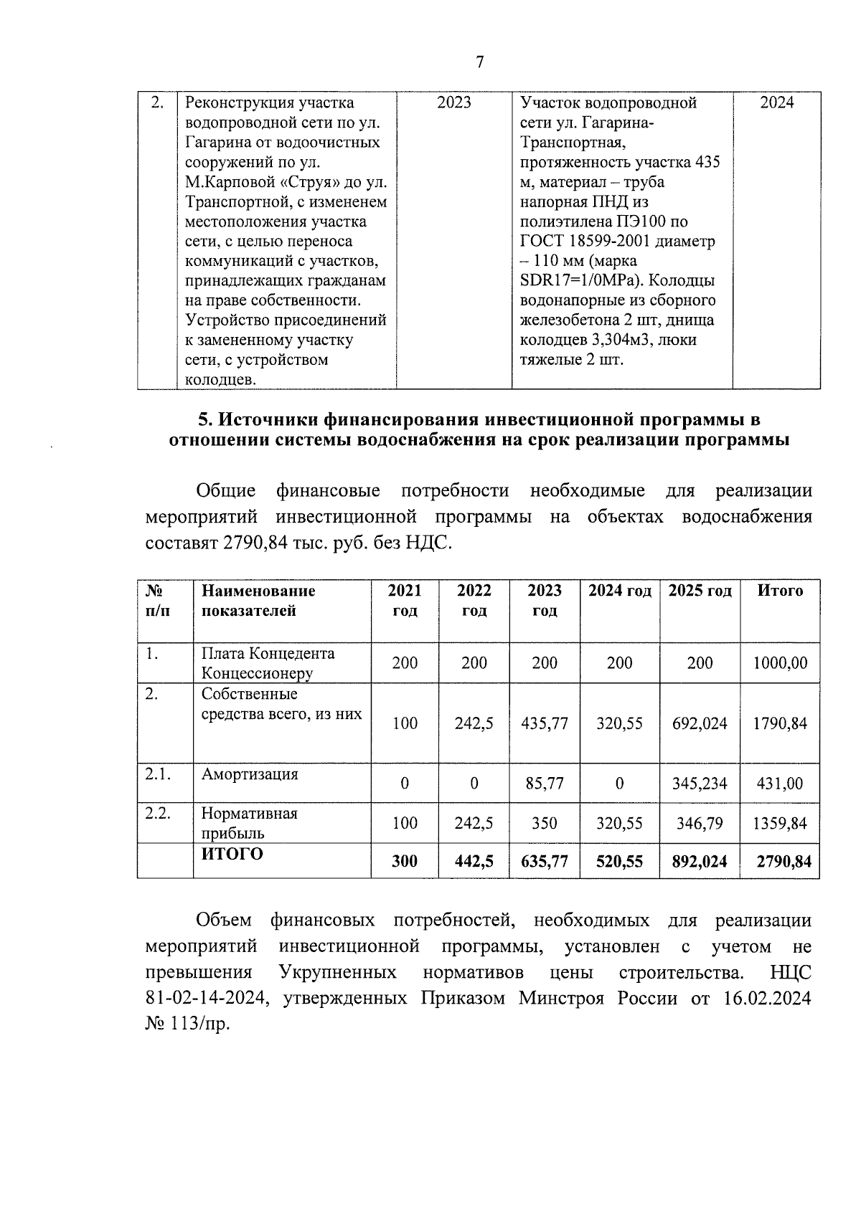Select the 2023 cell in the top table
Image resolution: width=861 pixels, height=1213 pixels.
[x=454, y=103]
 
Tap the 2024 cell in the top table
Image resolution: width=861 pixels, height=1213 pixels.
[x=777, y=103]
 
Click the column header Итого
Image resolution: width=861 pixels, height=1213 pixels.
[x=781, y=591]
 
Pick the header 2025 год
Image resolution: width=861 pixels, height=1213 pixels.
[x=700, y=591]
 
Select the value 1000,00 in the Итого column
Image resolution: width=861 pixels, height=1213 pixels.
[x=780, y=662]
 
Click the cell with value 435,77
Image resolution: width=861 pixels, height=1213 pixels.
[x=545, y=723]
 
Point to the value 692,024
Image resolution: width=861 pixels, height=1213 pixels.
[x=700, y=723]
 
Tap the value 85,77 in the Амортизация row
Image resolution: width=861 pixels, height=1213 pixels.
[x=545, y=784]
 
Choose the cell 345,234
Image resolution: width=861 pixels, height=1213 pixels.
[x=700, y=784]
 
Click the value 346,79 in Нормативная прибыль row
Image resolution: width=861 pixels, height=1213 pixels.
[x=700, y=823]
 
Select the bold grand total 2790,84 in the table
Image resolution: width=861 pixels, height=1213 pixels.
[x=784, y=861]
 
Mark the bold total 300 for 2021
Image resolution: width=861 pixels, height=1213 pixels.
[x=405, y=861]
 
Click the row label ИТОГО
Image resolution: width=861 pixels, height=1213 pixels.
[x=232, y=854]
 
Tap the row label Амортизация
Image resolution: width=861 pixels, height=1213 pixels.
[x=250, y=774]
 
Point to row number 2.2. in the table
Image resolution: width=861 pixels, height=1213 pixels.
[x=158, y=814]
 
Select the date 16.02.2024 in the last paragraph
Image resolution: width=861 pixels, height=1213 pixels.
[x=763, y=999]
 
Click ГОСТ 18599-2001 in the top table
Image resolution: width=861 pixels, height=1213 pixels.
[x=583, y=242]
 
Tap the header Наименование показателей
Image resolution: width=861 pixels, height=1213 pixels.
[x=258, y=601]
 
